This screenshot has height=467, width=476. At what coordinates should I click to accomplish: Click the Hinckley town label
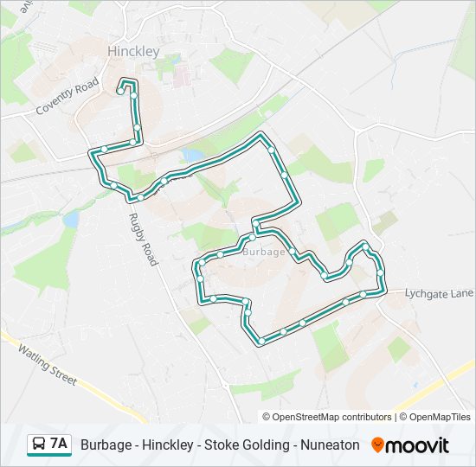pos(133,52)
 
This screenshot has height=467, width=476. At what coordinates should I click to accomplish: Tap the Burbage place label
pos(264,252)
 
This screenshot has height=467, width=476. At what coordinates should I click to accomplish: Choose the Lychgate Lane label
pos(439,294)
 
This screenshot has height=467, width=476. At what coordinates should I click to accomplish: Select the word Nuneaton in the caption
pos(330,445)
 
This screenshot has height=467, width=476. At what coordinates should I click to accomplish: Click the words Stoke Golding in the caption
pos(248,445)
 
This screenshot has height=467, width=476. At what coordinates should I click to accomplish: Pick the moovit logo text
pos(417,445)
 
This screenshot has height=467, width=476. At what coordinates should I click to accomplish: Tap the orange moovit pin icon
pos(377,445)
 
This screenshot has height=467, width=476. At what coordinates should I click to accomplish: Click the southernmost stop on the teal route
pos(261,342)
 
